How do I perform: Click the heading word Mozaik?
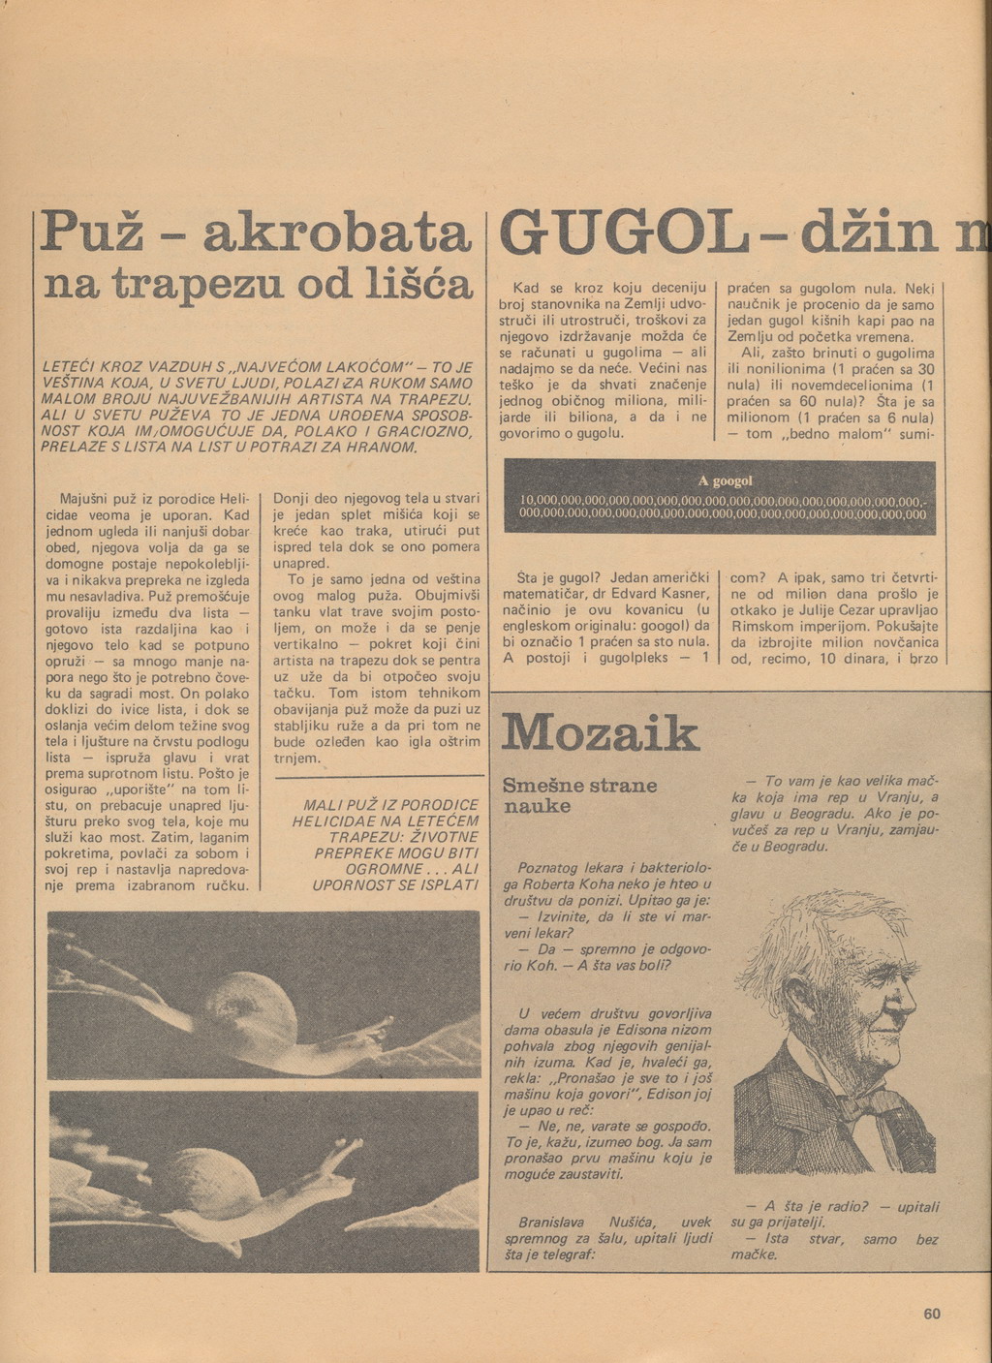point(600,733)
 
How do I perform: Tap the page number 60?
point(931,1314)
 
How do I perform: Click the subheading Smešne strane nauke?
point(578,795)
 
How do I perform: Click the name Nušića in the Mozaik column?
point(629,1223)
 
